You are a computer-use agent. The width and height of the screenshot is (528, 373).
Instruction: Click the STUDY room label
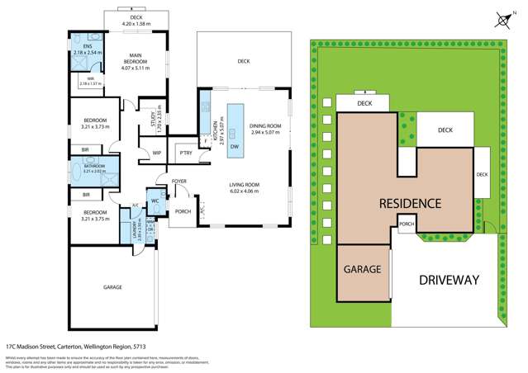[x=143, y=117]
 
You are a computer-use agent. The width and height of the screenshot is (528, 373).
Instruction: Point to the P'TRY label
[x=185, y=153]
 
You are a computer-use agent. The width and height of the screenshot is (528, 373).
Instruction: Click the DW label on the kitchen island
[x=235, y=146]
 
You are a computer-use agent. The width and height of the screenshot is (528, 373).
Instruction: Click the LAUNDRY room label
[x=121, y=229]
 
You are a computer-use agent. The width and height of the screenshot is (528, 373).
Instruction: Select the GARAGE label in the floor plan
[x=112, y=287]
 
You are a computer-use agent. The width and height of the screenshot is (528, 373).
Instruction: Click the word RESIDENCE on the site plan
[x=410, y=203]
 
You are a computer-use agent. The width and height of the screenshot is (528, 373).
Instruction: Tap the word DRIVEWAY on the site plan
[x=449, y=280]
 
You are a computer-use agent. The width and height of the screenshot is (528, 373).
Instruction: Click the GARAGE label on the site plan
[x=363, y=270]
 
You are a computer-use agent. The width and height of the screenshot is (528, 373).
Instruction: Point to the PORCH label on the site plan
[x=407, y=224]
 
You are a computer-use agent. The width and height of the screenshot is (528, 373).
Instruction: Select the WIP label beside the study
[x=156, y=153]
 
